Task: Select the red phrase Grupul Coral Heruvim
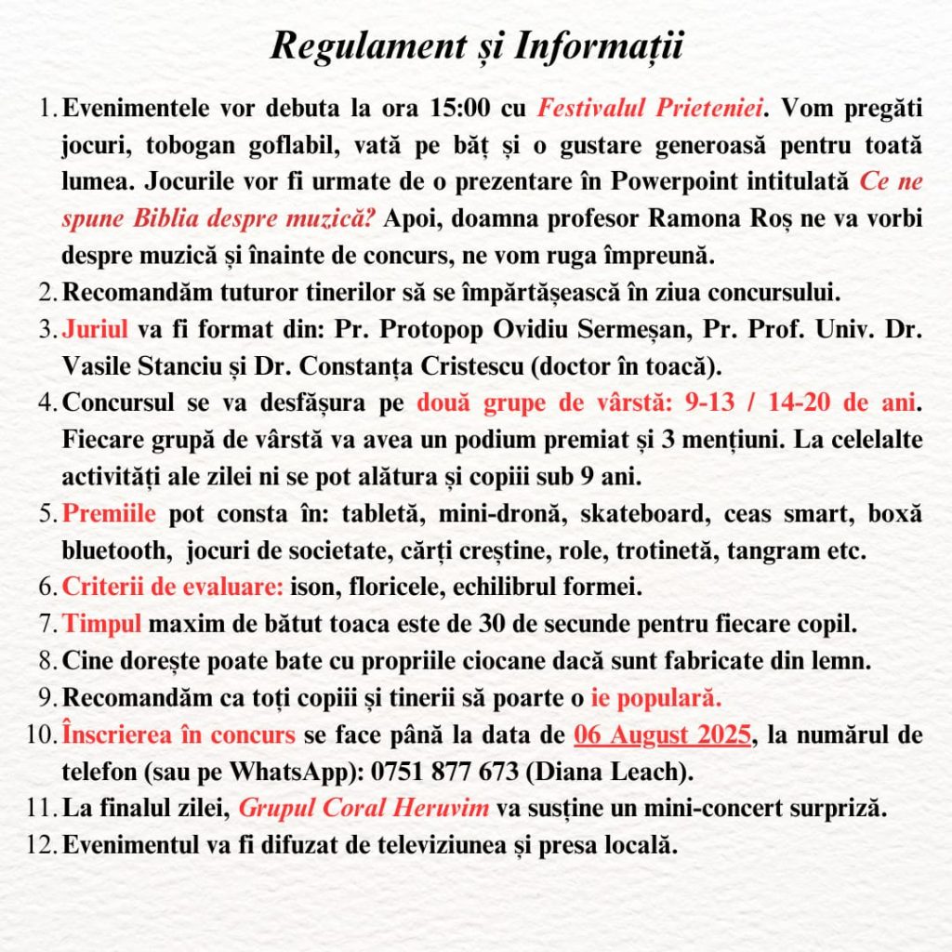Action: tap(364, 808)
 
